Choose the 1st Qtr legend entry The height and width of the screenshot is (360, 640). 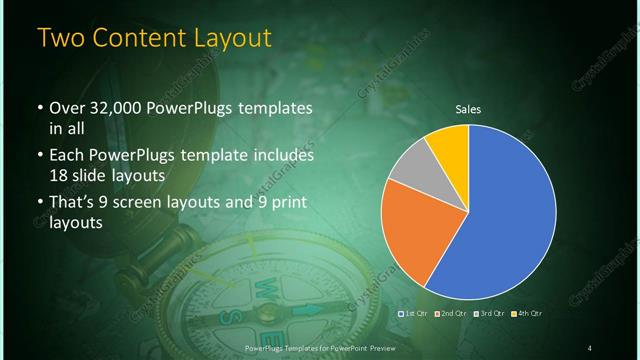click(x=415, y=314)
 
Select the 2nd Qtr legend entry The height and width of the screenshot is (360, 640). click(x=453, y=314)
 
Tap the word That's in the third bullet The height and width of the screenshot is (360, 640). click(x=72, y=203)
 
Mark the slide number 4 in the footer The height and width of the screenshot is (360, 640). click(x=590, y=347)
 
